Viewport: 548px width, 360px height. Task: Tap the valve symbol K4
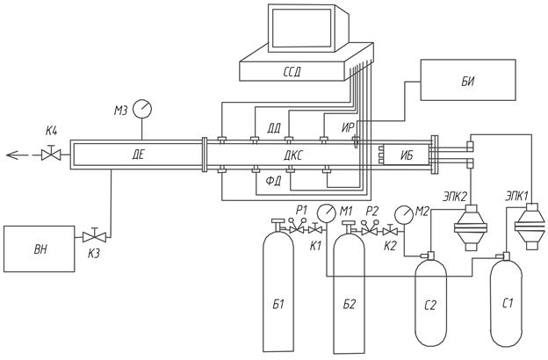point(50,155)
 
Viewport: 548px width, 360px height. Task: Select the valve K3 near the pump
point(89,236)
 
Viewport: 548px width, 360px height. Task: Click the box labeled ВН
point(39,249)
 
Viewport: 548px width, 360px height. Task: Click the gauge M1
point(326,212)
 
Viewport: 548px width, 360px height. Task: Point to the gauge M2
point(404,213)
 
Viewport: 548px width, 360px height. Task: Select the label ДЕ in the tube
point(138,155)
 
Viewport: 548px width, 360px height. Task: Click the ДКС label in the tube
point(292,155)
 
